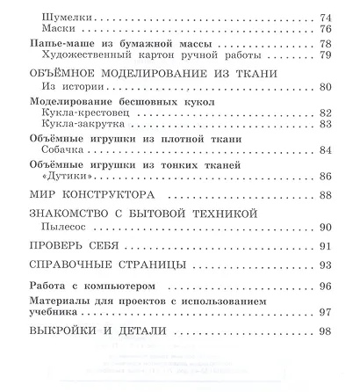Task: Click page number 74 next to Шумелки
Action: (328, 17)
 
